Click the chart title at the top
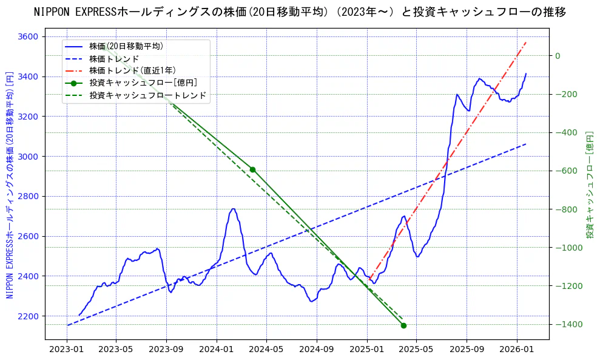click(300, 12)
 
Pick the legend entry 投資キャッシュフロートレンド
click(147, 95)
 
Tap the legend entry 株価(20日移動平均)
click(126, 46)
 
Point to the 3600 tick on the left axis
click(28, 36)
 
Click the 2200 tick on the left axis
click(28, 316)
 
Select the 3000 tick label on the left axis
click(28, 157)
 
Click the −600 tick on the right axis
click(568, 171)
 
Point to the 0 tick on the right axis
click(558, 56)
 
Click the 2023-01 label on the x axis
click(66, 350)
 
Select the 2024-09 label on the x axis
click(317, 350)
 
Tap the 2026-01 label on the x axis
click(516, 350)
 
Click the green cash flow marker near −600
click(252, 169)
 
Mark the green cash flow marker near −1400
click(403, 325)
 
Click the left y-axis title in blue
click(10, 185)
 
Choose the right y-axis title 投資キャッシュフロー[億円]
click(589, 185)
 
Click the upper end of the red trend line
click(526, 42)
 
